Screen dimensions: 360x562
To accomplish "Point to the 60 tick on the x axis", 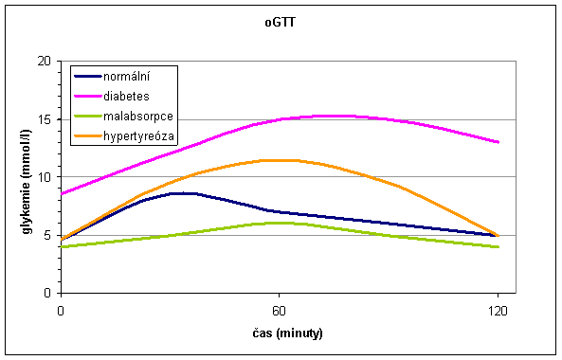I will [x=279, y=310].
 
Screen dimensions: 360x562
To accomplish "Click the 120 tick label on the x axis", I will [x=498, y=310].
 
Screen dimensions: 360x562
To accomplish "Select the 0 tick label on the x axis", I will [x=61, y=310].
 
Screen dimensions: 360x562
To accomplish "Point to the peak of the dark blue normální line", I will [x=180, y=192].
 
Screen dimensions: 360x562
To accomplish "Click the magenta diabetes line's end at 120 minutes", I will [x=498, y=142].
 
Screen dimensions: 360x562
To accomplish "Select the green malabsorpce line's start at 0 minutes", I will [x=61, y=246].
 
